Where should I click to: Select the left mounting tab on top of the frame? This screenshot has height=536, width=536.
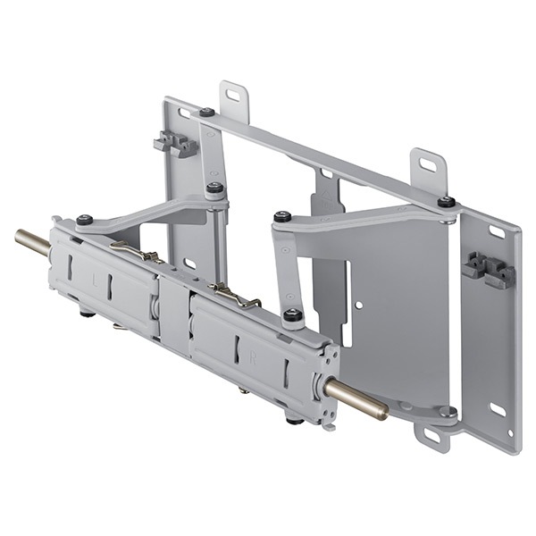(x=234, y=98)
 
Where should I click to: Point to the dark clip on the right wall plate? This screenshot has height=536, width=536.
(x=487, y=269)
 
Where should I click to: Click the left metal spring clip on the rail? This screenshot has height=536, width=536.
(x=134, y=253)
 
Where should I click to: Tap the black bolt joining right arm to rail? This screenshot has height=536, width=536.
(x=292, y=314)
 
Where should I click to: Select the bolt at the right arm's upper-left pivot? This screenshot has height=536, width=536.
(x=282, y=216)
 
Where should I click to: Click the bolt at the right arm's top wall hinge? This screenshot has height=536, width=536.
(x=446, y=202)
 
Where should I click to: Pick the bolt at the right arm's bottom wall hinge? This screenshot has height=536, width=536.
(x=446, y=412)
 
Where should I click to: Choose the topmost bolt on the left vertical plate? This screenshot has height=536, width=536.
(x=206, y=113)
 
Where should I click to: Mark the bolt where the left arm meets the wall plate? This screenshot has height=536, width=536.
(x=214, y=188)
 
